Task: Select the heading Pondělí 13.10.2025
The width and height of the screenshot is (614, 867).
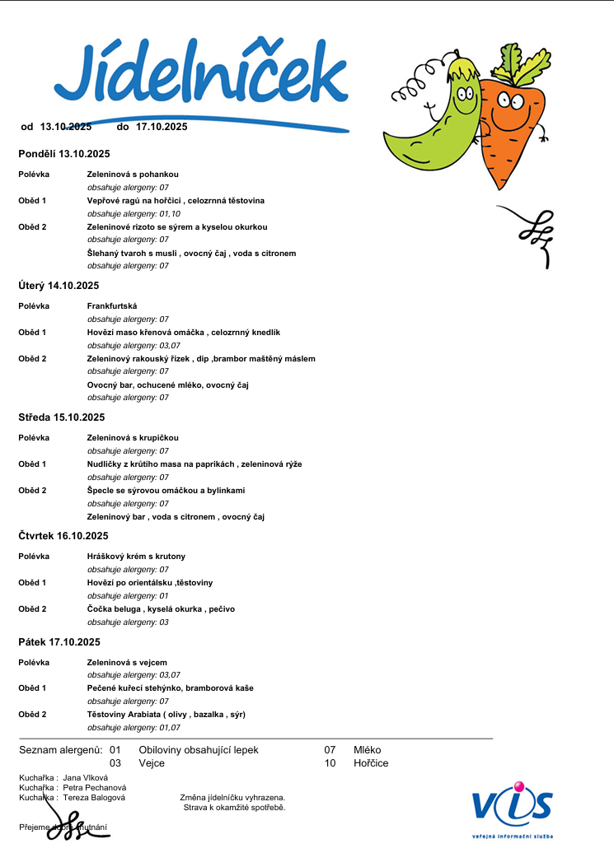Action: tap(64, 154)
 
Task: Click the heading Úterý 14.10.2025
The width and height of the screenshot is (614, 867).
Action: tap(59, 286)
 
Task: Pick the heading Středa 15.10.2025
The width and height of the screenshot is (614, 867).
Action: tap(62, 417)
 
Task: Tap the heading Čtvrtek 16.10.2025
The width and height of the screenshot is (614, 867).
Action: tap(63, 536)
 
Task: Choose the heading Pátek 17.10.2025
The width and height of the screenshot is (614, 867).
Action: tap(59, 642)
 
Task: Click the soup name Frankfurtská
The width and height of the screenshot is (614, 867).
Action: tap(112, 306)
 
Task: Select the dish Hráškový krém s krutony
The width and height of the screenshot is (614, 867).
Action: tap(136, 557)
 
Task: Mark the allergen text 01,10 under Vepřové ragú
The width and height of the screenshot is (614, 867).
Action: tap(170, 213)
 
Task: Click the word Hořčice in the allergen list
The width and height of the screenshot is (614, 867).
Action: tap(371, 763)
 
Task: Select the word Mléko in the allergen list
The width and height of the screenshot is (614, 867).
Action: tap(368, 750)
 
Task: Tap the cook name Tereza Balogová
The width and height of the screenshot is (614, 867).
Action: tap(95, 798)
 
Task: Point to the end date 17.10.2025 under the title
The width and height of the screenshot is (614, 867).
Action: tap(162, 127)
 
